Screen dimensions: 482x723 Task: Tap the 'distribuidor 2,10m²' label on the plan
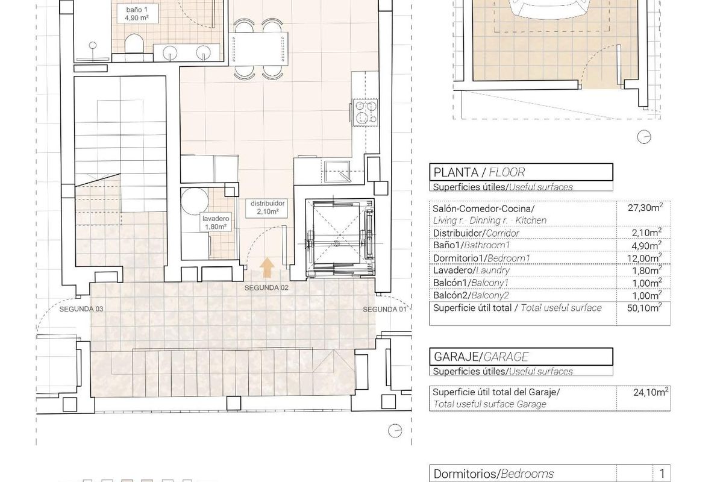[x=264, y=208]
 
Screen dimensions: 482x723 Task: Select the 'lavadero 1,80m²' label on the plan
[x=214, y=223]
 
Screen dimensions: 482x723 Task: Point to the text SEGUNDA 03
[x=81, y=309]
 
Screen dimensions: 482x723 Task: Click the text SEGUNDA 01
[x=384, y=309]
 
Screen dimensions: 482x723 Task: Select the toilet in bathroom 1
[x=133, y=45]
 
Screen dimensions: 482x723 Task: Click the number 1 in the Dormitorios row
[x=662, y=474]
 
